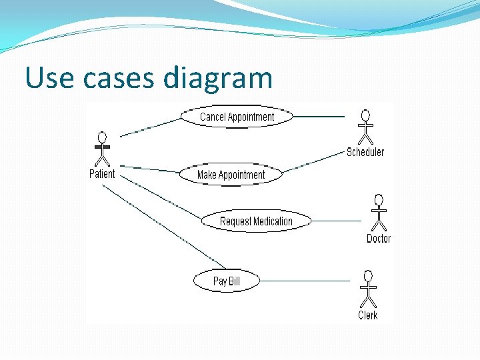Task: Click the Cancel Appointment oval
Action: [237, 117]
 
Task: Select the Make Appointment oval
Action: [231, 175]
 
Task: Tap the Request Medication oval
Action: [256, 221]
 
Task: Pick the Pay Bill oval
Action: [226, 281]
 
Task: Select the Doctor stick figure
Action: [379, 212]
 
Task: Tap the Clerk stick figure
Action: [367, 289]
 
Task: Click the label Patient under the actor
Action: [102, 174]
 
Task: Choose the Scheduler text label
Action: [365, 152]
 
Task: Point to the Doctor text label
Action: [379, 239]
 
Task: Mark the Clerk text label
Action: [367, 315]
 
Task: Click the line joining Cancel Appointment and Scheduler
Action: [319, 117]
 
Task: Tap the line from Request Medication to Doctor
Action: [336, 221]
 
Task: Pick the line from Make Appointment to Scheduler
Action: [313, 162]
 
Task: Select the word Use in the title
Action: [49, 79]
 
